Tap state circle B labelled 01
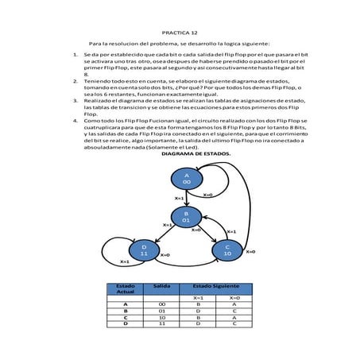186,216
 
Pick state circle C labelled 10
226,250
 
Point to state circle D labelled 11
144,250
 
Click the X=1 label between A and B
179,198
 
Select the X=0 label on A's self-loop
207,194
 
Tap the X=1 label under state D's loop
125,261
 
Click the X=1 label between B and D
168,225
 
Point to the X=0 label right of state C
250,251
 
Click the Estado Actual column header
126,288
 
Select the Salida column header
161,285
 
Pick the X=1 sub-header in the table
198,297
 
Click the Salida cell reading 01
161,311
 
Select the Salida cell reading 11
161,324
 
